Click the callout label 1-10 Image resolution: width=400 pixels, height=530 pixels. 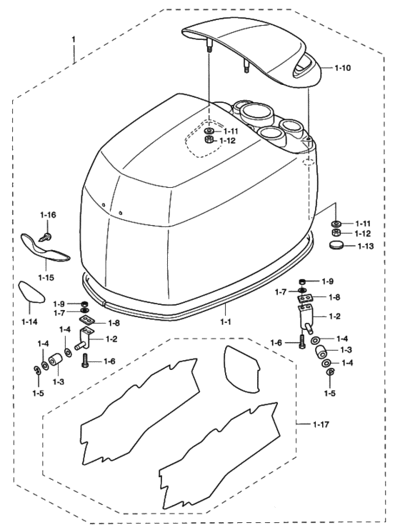(x=343, y=68)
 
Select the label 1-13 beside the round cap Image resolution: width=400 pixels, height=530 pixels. (x=366, y=246)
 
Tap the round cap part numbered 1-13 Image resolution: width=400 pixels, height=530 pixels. (x=336, y=245)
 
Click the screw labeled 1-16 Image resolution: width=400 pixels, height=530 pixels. (x=46, y=236)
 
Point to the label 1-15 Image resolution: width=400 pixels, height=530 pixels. (x=46, y=278)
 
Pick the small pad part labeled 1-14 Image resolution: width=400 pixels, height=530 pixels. (x=31, y=291)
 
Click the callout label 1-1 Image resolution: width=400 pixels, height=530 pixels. (x=226, y=322)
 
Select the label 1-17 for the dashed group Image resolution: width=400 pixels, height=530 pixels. (x=321, y=424)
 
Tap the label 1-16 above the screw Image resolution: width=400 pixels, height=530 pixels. (x=48, y=215)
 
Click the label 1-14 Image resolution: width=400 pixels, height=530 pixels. (x=29, y=321)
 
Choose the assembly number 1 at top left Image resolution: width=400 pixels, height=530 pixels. (x=74, y=39)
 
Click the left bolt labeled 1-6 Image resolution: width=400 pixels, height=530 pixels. (x=86, y=360)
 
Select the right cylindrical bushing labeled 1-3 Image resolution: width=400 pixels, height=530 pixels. (x=321, y=351)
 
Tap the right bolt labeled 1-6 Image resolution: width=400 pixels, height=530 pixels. (x=302, y=342)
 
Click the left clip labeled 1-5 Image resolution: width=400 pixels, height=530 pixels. (x=37, y=370)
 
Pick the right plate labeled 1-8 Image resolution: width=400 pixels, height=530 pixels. (x=305, y=298)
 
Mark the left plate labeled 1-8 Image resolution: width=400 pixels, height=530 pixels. (x=87, y=320)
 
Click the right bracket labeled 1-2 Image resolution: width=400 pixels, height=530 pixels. (x=306, y=317)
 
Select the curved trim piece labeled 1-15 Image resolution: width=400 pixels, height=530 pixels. (x=46, y=249)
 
